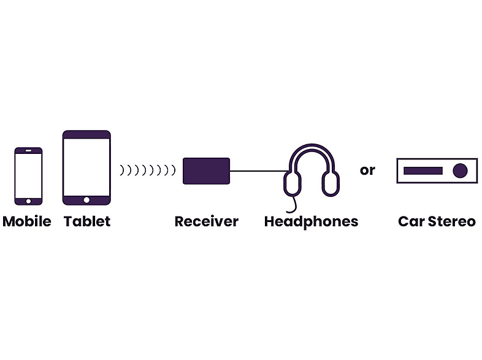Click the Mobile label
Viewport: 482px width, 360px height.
27,221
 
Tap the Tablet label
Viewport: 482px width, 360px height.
87,221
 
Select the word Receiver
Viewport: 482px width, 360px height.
206,221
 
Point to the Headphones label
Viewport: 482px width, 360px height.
311,222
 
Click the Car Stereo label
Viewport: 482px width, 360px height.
437,221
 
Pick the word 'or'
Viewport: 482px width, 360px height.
367,170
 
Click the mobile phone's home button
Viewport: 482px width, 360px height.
28,201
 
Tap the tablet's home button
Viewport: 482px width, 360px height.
86,200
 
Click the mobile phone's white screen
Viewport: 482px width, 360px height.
28,176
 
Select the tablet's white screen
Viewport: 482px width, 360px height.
86,167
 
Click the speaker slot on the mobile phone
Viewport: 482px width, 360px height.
28,151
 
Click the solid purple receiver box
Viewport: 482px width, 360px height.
206,171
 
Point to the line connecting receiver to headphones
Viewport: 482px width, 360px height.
259,171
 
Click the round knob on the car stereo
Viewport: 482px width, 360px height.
460,170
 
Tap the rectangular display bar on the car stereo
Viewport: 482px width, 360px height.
423,170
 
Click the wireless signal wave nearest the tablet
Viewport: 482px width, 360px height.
122,170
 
